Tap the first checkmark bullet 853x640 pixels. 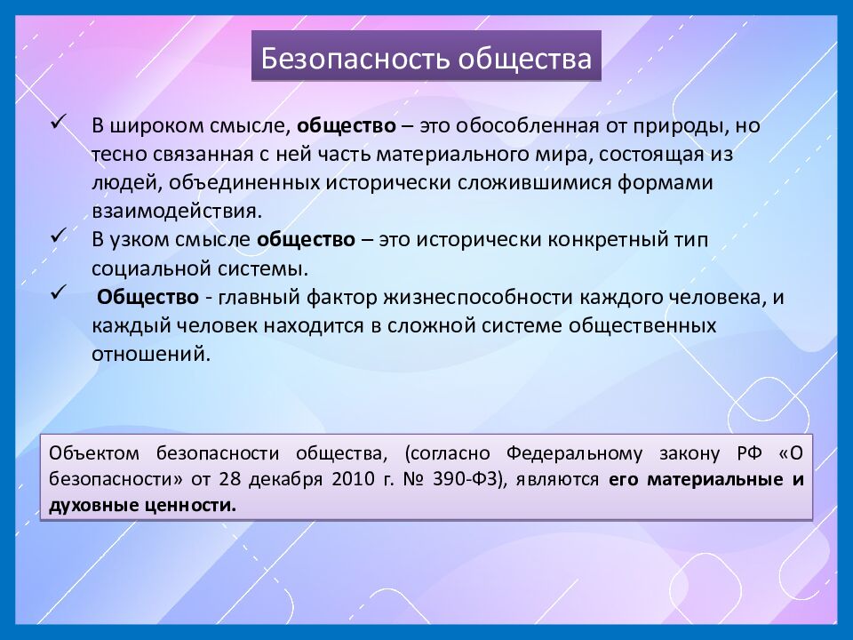61,120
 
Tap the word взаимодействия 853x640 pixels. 176,211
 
